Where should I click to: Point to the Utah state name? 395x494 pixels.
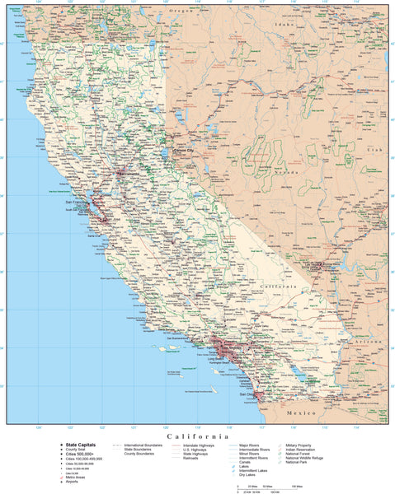pos(376,151)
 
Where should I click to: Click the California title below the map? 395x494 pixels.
pos(197,436)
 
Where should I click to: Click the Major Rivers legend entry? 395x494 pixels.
pos(251,445)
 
